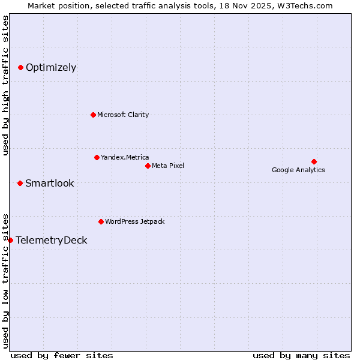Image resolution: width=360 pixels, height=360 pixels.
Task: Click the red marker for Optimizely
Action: pyautogui.click(x=20, y=67)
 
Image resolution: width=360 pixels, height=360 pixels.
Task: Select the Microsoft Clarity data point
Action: pyautogui.click(x=93, y=115)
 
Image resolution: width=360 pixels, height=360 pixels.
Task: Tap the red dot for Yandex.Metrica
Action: pyautogui.click(x=97, y=157)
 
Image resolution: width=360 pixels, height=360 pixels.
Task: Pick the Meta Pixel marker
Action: pyautogui.click(x=148, y=166)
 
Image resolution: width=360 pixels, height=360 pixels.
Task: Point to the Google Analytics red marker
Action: pyautogui.click(x=314, y=161)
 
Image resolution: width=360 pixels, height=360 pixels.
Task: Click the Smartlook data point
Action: pyautogui.click(x=20, y=183)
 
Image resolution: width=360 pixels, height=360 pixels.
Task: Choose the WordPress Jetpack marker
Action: pyautogui.click(x=101, y=221)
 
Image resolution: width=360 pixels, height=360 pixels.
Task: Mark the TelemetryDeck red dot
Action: pyautogui.click(x=10, y=240)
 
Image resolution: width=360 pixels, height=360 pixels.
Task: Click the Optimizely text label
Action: pyautogui.click(x=51, y=67)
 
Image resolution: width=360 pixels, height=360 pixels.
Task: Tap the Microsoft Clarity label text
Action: pyautogui.click(x=123, y=115)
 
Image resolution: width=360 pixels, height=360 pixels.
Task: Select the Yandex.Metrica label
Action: pyautogui.click(x=125, y=157)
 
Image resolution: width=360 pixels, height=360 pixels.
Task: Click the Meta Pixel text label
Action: pyautogui.click(x=168, y=166)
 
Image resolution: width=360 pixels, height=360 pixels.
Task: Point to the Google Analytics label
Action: pyautogui.click(x=298, y=170)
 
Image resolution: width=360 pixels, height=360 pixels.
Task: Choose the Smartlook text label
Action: pyautogui.click(x=49, y=183)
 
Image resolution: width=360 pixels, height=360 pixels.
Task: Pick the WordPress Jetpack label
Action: pyautogui.click(x=134, y=221)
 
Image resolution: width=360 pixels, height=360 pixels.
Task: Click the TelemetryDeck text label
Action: pyautogui.click(x=52, y=240)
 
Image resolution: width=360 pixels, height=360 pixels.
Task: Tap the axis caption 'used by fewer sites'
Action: pyautogui.click(x=62, y=355)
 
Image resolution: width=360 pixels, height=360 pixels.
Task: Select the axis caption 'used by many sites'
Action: pyautogui.click(x=301, y=355)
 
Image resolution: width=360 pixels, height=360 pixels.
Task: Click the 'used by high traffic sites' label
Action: pyautogui.click(x=5, y=85)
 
